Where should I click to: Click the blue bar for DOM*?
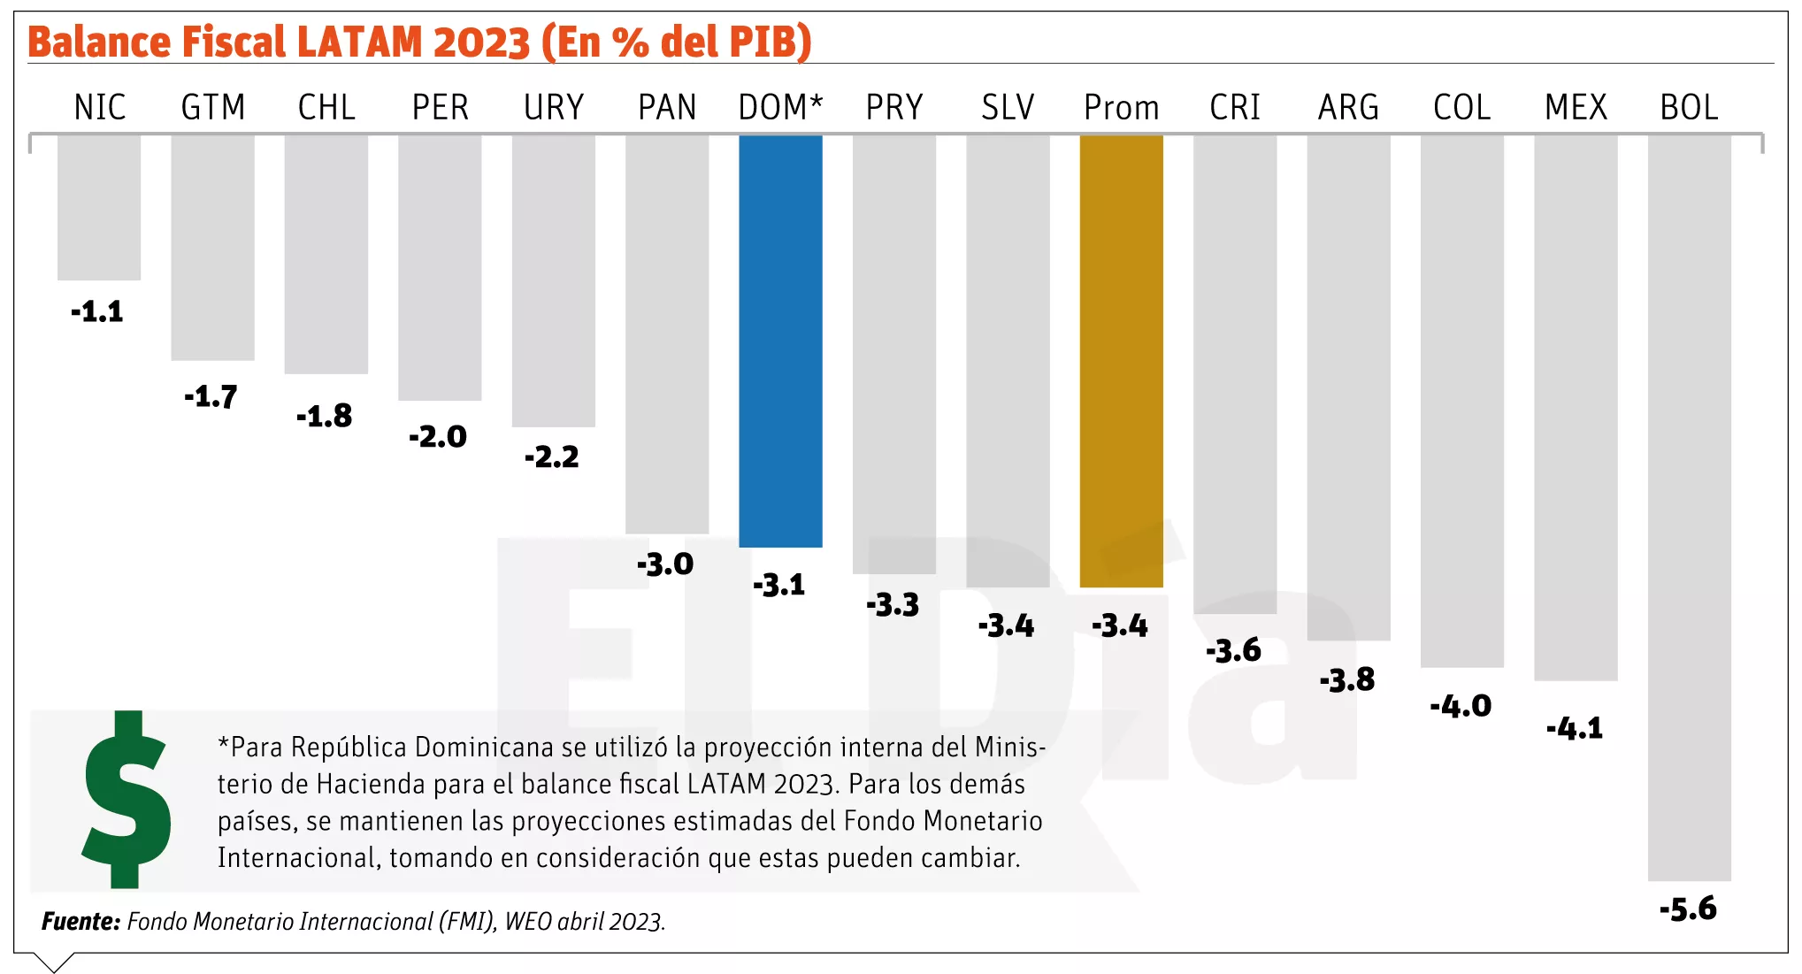point(780,341)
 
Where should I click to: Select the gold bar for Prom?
point(1121,361)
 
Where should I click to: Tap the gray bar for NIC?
point(99,207)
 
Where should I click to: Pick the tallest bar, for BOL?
point(1689,508)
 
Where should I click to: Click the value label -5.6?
point(1688,909)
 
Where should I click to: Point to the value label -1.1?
point(97,311)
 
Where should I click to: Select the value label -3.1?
point(779,585)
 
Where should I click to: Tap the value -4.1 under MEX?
point(1575,728)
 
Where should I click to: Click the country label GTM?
point(213,108)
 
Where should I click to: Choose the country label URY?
point(554,108)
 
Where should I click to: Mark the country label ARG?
point(1348,108)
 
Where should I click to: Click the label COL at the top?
point(1461,108)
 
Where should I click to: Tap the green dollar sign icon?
point(127,799)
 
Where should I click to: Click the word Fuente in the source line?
point(81,922)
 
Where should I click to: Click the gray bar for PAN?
point(667,334)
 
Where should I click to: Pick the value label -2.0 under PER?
point(438,436)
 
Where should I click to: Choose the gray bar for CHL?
point(326,254)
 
